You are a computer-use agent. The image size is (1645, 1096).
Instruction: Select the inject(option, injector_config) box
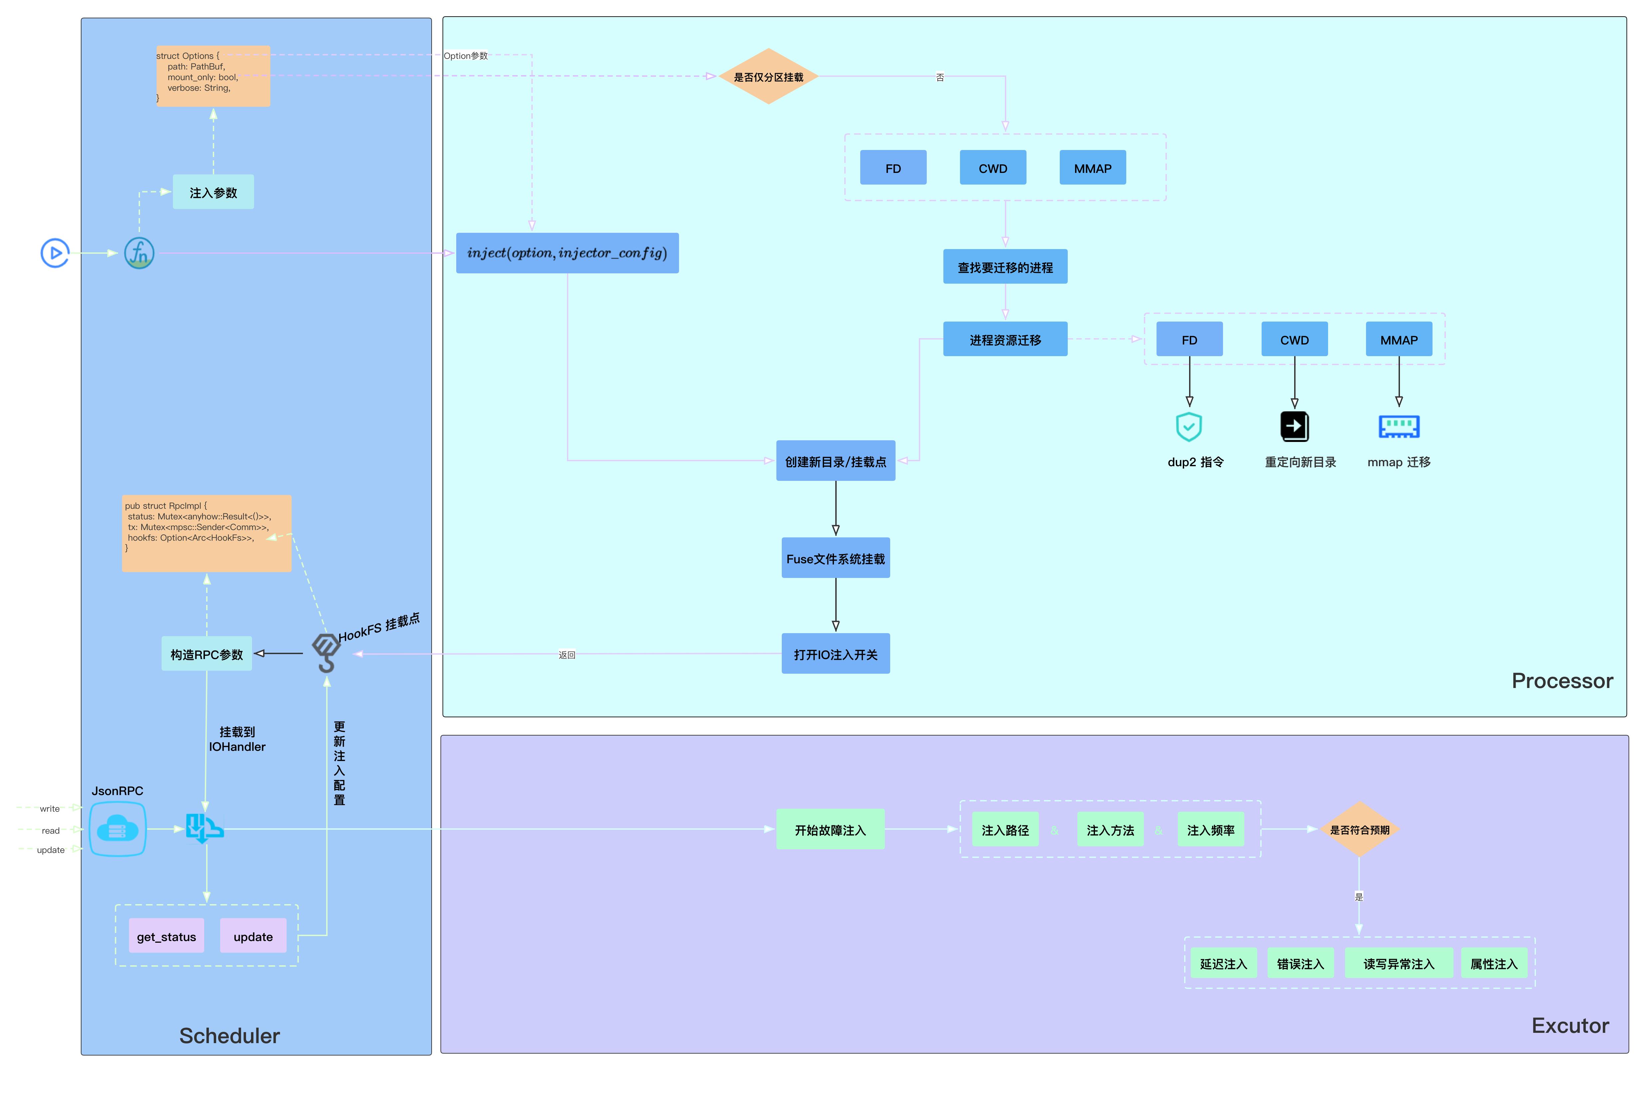point(567,253)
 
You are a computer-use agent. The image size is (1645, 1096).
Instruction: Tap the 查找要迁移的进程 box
point(1005,267)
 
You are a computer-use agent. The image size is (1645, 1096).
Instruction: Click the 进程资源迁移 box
point(1005,340)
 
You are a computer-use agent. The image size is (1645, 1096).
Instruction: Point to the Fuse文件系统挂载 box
point(835,559)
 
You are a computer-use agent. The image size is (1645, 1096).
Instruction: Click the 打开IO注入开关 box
point(835,654)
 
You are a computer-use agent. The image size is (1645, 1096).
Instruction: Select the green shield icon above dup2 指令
point(1189,426)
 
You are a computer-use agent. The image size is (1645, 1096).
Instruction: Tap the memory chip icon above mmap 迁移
point(1398,426)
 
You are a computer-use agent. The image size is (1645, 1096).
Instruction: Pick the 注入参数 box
point(213,192)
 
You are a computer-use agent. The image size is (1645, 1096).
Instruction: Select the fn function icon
point(139,253)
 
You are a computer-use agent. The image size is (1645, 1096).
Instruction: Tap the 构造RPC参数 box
point(206,654)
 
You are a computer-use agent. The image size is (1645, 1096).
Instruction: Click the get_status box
point(166,936)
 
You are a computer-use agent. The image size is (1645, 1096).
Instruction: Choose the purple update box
point(253,936)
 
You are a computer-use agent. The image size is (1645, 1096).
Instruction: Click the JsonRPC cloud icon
point(117,830)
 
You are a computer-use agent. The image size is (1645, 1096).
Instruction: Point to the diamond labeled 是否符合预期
point(1359,830)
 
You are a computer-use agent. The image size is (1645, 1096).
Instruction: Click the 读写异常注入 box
point(1398,963)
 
